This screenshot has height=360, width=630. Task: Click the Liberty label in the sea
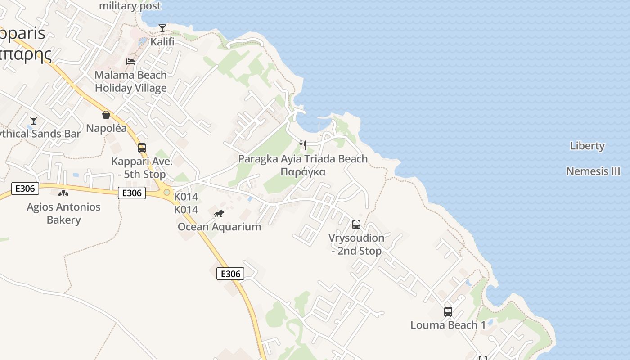click(587, 146)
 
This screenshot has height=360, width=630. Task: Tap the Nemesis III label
click(593, 171)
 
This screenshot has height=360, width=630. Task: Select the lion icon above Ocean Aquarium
click(219, 213)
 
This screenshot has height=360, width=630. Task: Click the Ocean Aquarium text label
click(219, 227)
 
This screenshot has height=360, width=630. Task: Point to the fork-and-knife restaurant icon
click(303, 145)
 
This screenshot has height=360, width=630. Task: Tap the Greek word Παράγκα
click(303, 172)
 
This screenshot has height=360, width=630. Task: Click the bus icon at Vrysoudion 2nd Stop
click(356, 224)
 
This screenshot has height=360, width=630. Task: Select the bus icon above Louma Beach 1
click(448, 311)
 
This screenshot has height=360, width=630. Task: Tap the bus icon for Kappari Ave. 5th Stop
click(142, 148)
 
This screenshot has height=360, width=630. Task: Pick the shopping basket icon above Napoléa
click(106, 115)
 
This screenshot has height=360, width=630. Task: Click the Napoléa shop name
click(106, 128)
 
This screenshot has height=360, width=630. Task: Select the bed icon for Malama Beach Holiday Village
click(130, 61)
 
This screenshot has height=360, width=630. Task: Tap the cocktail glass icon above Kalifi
click(162, 28)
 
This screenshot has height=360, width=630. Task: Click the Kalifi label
click(162, 42)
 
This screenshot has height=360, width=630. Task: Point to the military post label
click(130, 6)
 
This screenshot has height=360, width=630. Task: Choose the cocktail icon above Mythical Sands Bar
click(33, 120)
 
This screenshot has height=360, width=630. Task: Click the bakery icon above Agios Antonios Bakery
click(63, 193)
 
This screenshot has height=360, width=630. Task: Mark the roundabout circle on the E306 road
click(167, 192)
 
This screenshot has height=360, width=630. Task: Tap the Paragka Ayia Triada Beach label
click(303, 159)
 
